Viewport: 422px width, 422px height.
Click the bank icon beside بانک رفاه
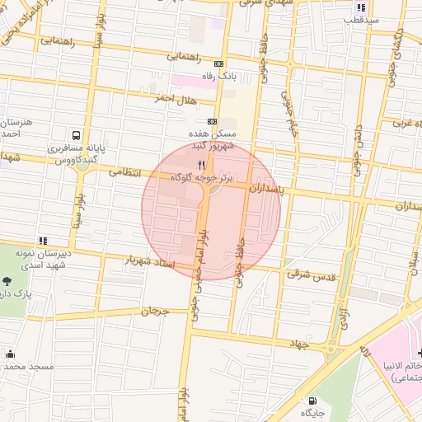click(x=218, y=63)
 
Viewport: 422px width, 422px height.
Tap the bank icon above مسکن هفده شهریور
click(x=213, y=120)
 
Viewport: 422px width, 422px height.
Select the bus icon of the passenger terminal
click(x=76, y=135)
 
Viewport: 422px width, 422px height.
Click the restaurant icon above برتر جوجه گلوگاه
click(x=202, y=164)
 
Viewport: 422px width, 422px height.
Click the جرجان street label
click(x=154, y=312)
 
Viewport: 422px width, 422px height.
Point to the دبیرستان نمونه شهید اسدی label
click(x=35, y=256)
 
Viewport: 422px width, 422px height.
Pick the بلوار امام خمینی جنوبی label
click(x=199, y=272)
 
